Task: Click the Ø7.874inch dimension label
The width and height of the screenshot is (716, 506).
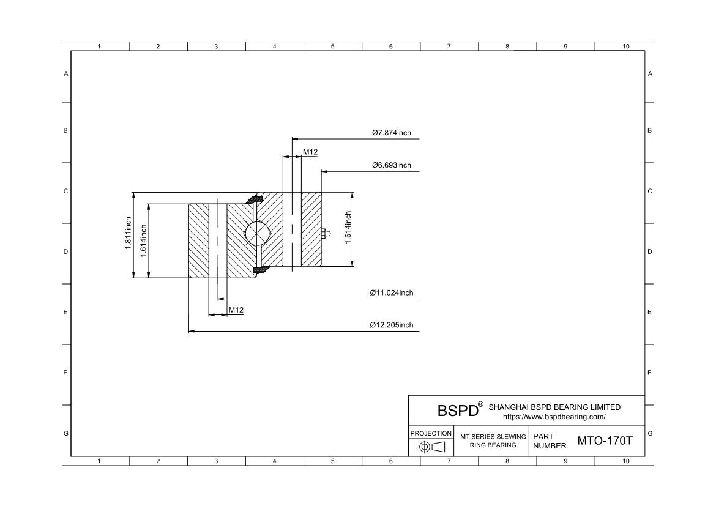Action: click(391, 133)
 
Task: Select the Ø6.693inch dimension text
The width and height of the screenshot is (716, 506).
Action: click(391, 165)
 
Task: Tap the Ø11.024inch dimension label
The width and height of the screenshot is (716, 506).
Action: click(391, 292)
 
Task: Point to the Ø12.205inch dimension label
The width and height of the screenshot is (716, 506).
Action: click(391, 325)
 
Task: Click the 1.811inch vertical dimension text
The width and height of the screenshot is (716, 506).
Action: click(128, 233)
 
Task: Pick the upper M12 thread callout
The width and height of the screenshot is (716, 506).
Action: click(310, 152)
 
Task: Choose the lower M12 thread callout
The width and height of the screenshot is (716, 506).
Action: click(236, 310)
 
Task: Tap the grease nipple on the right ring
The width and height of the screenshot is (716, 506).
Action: click(326, 234)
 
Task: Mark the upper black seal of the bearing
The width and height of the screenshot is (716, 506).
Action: click(254, 200)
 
